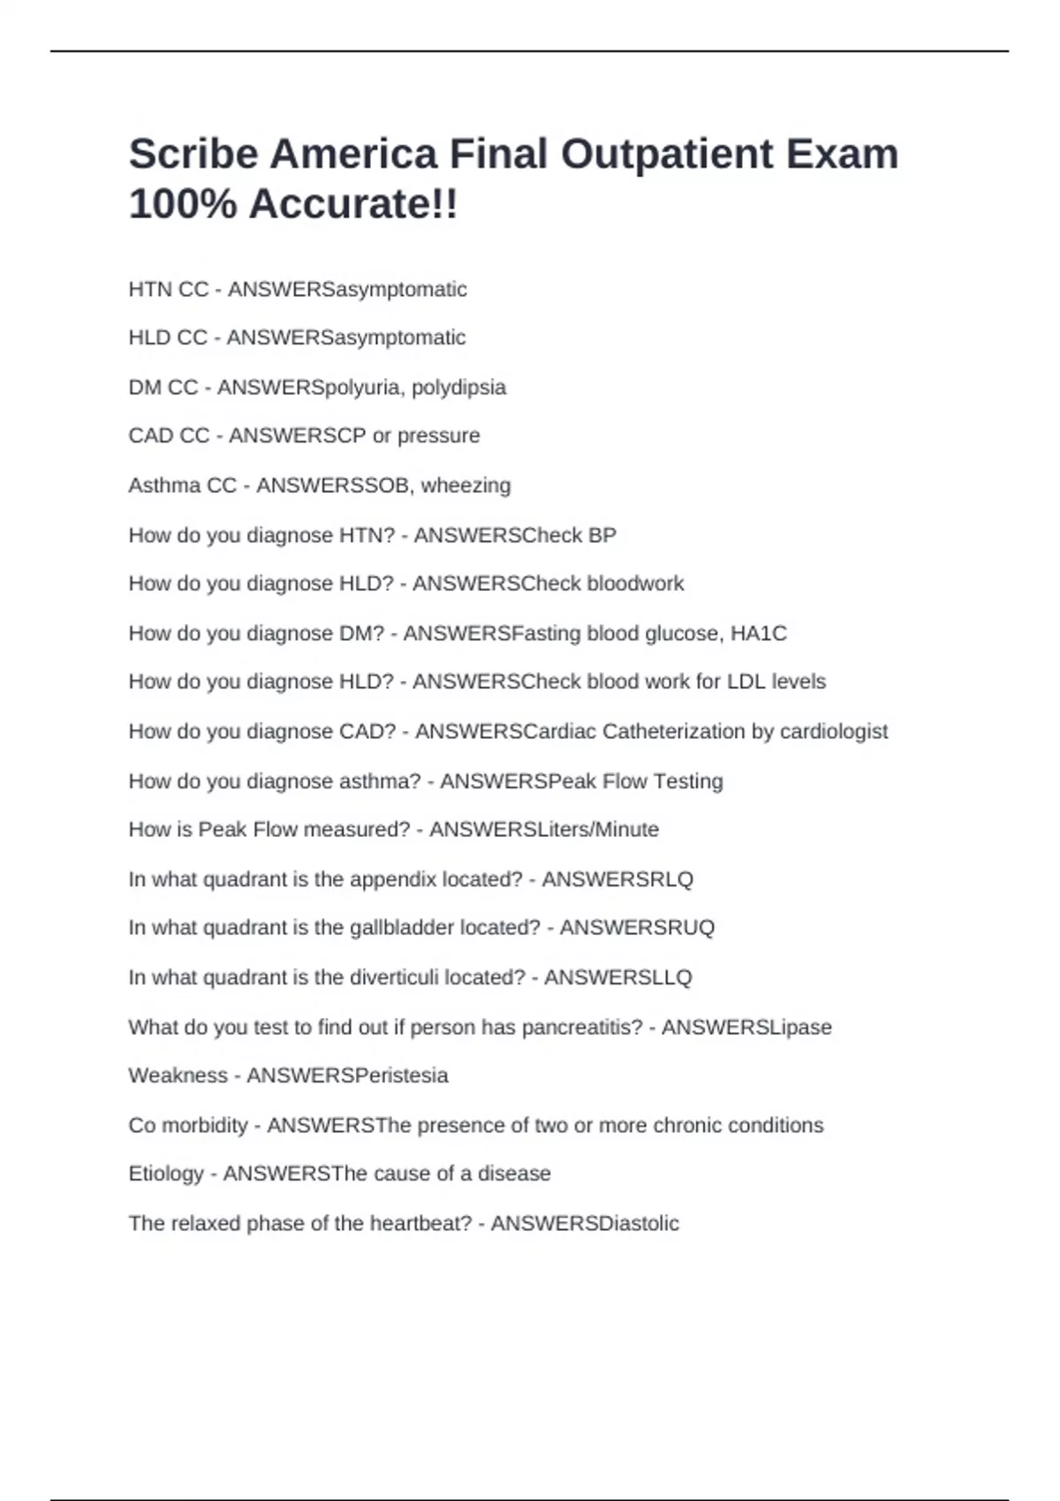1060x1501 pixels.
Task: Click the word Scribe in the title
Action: point(194,155)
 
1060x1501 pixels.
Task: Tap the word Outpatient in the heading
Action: point(667,155)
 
